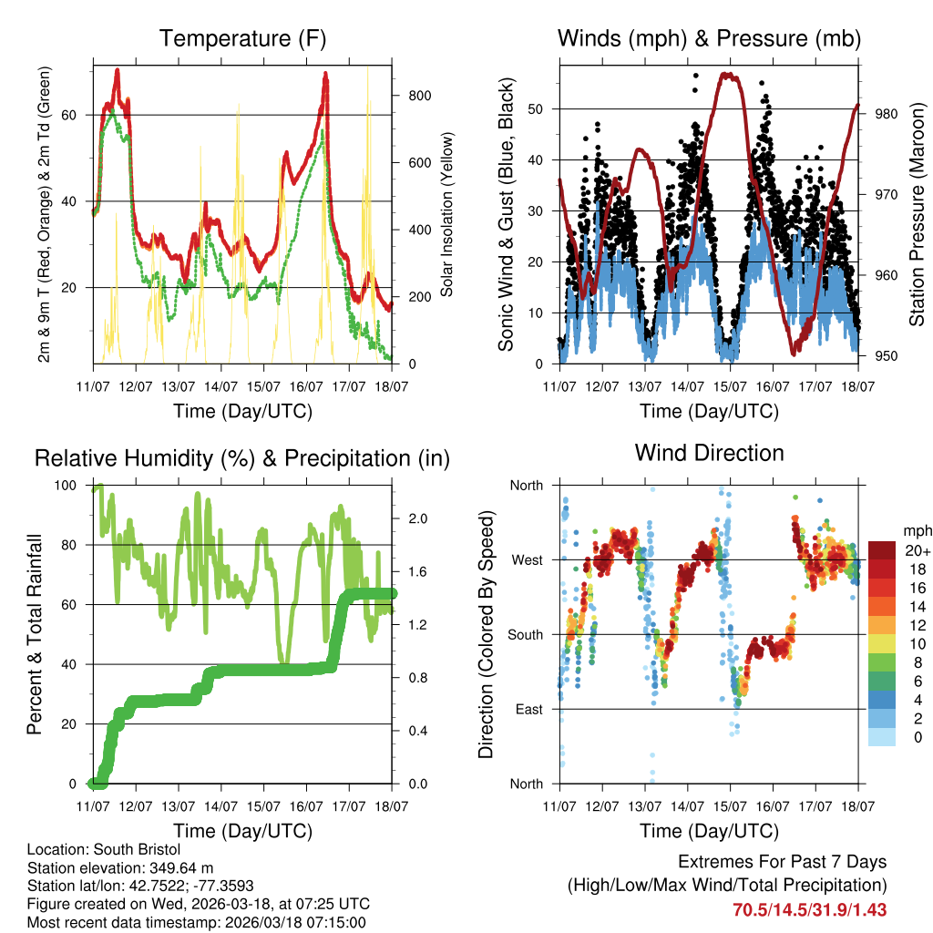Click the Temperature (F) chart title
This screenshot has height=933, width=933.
pyautogui.click(x=242, y=38)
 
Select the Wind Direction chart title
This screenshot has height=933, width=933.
pyautogui.click(x=709, y=453)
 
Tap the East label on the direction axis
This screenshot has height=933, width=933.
pyautogui.click(x=528, y=709)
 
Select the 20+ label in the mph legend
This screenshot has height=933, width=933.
pyautogui.click(x=916, y=550)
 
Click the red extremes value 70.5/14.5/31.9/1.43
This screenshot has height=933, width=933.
pyautogui.click(x=809, y=909)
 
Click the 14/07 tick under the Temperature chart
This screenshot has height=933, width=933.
pyautogui.click(x=221, y=387)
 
